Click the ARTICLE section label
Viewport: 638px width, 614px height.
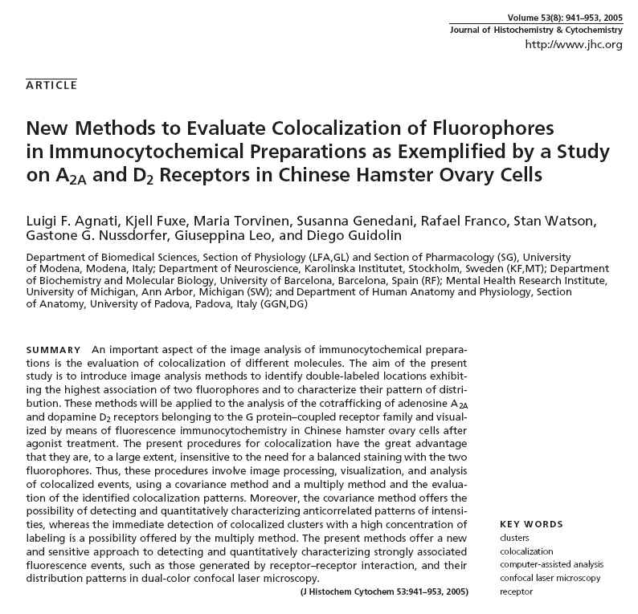(51, 84)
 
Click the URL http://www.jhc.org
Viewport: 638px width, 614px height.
(573, 44)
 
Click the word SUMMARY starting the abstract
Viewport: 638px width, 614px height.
(53, 351)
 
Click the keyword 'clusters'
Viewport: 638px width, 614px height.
(514, 538)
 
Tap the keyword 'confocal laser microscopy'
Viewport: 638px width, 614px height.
(550, 579)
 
